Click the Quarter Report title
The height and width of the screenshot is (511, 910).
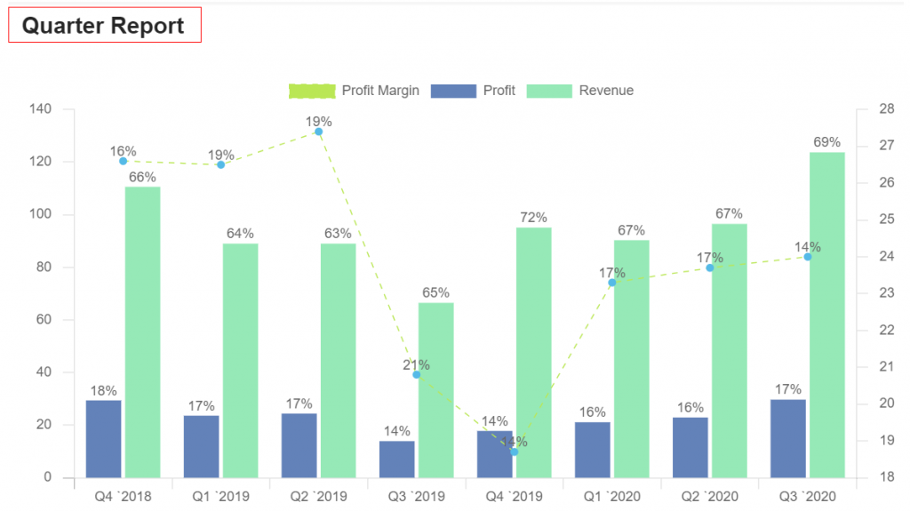pyautogui.click(x=103, y=26)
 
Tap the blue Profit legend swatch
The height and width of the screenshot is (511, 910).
pyautogui.click(x=453, y=91)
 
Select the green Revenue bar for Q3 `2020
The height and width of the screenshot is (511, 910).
pyautogui.click(x=826, y=315)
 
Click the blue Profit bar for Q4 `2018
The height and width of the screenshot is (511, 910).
pyautogui.click(x=103, y=439)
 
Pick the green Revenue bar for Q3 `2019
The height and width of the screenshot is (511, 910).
pyautogui.click(x=435, y=390)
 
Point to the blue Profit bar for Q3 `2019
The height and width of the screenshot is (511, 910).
pyautogui.click(x=396, y=459)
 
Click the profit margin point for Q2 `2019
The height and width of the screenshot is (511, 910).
pyautogui.click(x=318, y=132)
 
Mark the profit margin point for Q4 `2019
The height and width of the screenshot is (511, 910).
pyautogui.click(x=514, y=452)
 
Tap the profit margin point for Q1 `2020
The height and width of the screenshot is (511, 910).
pyautogui.click(x=611, y=283)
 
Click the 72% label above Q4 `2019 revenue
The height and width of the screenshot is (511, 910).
pyautogui.click(x=533, y=218)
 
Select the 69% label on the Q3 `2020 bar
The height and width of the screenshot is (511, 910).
pyautogui.click(x=826, y=142)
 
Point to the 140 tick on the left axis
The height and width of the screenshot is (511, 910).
pyautogui.click(x=41, y=109)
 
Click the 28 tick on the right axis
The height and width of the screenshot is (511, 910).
pyautogui.click(x=886, y=109)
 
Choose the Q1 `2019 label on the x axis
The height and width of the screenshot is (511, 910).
pyautogui.click(x=220, y=496)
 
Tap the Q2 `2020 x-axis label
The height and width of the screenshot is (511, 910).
pyautogui.click(x=709, y=496)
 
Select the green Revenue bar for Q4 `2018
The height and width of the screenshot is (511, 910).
pyautogui.click(x=142, y=332)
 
